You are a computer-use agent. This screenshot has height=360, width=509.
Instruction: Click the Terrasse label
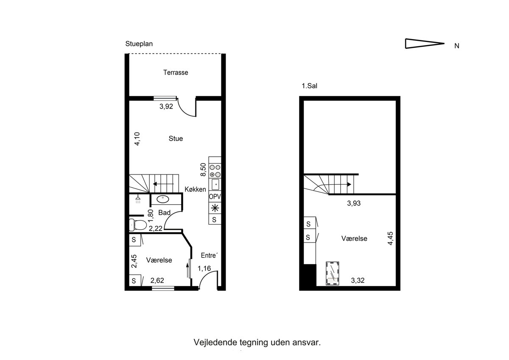pos(176,73)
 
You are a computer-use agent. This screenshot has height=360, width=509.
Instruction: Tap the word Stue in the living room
pos(176,138)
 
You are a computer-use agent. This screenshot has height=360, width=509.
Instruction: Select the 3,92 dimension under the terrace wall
pos(166,107)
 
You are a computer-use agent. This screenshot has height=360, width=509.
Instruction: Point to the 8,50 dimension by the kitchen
pos(203,169)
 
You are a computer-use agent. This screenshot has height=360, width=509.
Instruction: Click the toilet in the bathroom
pos(138,225)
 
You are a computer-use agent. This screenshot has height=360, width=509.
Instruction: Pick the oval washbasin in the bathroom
pos(163,199)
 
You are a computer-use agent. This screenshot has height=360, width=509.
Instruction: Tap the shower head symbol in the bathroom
pos(138,200)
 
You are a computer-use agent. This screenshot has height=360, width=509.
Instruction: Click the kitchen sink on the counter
pos(215,184)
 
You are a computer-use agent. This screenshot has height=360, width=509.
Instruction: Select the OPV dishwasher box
pos(215,197)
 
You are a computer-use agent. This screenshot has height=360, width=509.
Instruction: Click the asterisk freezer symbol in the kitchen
pos(215,208)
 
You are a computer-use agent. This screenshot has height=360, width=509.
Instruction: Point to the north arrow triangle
pos(425,43)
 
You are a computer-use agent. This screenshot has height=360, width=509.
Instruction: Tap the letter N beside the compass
pos(457,46)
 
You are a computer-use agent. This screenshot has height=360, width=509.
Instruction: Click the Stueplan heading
pos(139,44)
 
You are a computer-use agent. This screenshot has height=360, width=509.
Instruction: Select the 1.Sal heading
pos(309,86)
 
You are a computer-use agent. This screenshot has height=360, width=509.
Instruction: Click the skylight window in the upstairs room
pos(333,273)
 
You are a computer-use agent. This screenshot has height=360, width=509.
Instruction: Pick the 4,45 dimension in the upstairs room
pos(390,238)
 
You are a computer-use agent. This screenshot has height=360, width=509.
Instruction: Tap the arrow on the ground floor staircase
pos(163,184)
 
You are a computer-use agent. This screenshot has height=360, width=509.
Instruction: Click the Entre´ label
pos(209,256)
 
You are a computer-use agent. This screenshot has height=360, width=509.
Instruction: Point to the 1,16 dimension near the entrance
pos(204,269)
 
